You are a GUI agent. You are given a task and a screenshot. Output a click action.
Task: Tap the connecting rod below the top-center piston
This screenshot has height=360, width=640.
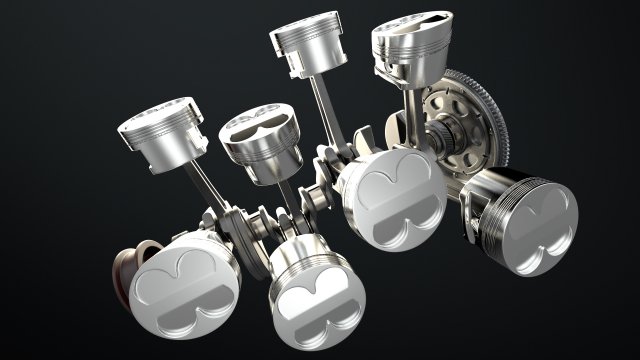322,110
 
